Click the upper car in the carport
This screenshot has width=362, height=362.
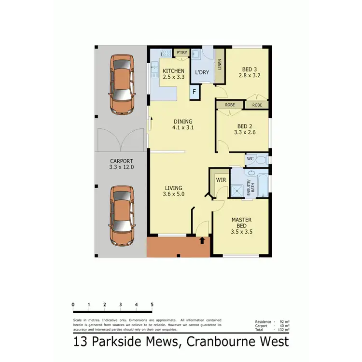(123, 84)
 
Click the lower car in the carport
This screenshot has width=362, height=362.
(123, 216)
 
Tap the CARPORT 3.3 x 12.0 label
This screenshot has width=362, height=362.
(121, 164)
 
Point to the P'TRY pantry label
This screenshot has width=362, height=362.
(181, 52)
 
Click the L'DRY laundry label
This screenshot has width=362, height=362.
(201, 72)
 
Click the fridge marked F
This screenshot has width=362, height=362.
(194, 91)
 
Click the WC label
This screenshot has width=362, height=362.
(250, 158)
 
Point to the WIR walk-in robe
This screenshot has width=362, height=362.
(221, 180)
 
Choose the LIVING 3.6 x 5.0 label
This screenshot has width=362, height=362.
(174, 191)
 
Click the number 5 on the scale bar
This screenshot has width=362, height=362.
(152, 305)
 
